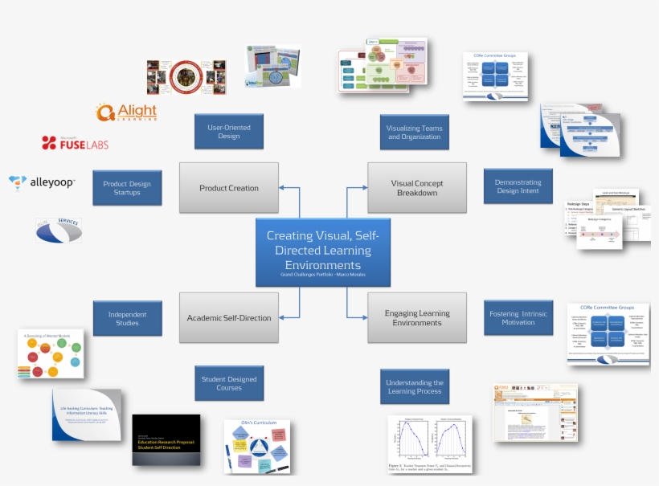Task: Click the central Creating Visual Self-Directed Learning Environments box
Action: (x=323, y=252)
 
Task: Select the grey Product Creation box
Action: (x=229, y=188)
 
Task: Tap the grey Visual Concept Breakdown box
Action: (x=416, y=188)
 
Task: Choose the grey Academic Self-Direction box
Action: (x=229, y=317)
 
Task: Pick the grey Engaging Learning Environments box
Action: (x=416, y=317)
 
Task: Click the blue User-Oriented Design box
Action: (x=229, y=131)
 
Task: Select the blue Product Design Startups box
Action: (x=127, y=187)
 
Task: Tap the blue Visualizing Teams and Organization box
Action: (x=414, y=132)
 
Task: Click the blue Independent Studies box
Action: (x=127, y=318)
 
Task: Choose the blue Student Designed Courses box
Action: (x=229, y=383)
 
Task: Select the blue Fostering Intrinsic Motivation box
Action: (x=518, y=318)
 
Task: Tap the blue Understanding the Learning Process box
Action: (x=414, y=387)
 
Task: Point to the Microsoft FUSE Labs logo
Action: (x=75, y=143)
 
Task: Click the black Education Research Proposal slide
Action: (x=166, y=439)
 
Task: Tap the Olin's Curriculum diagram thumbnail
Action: (x=258, y=446)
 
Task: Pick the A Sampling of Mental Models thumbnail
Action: (x=51, y=353)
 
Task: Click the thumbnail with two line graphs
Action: (x=430, y=443)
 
